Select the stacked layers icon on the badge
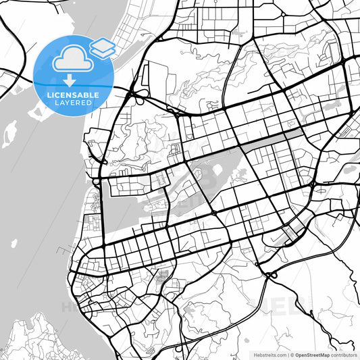102,47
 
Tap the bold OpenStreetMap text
311,354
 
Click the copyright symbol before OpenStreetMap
291,354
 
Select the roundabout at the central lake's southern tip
214,213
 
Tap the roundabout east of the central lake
312,184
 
